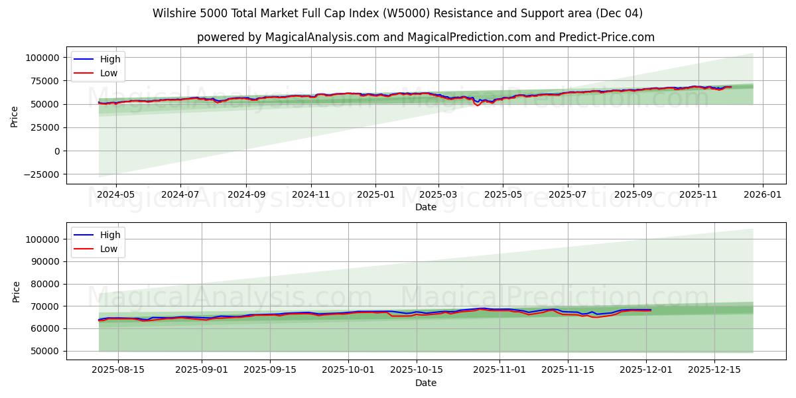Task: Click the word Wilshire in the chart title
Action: (172, 13)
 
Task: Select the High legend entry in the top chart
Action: (109, 59)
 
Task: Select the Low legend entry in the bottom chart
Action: (109, 249)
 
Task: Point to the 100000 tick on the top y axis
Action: (42, 58)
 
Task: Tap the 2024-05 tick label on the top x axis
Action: (116, 195)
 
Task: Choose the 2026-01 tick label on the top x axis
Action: (762, 195)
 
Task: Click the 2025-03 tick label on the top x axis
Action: (438, 195)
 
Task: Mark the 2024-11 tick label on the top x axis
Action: (311, 195)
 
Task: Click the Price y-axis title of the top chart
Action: (15, 116)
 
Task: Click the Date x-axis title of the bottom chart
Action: (426, 383)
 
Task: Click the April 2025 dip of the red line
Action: (478, 105)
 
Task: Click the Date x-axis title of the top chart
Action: (426, 207)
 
